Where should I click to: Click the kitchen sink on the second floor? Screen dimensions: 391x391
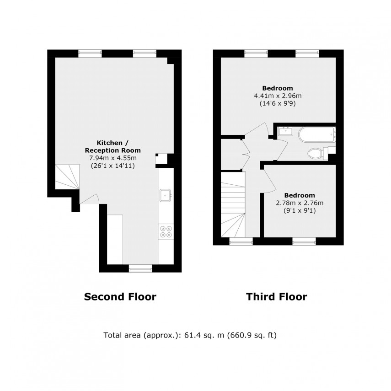pos(166,195)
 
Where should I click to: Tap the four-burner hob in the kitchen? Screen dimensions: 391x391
pos(166,232)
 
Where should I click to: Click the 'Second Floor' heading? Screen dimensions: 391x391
pos(120,297)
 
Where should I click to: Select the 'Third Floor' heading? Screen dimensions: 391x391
pos(277,297)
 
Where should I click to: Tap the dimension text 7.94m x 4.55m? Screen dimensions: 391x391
pos(112,158)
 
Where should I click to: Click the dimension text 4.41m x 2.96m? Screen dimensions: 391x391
pos(278,96)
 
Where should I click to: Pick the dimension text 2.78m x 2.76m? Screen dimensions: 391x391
pos(299,203)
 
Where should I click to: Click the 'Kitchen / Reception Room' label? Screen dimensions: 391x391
pos(112,146)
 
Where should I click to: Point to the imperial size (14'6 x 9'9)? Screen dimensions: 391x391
pos(278,104)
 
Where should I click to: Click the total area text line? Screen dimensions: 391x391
pos(191,335)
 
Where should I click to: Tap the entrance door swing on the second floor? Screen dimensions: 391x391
pos(90,198)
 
